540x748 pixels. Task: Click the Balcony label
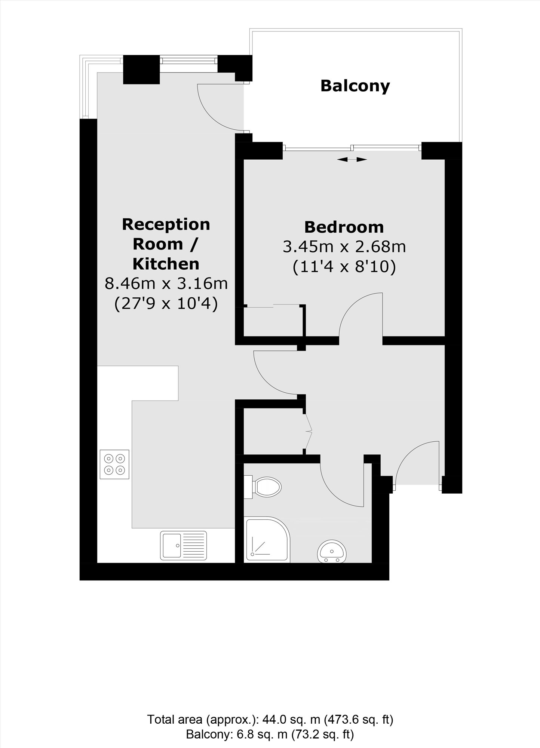(x=355, y=86)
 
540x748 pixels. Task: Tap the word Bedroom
(x=344, y=227)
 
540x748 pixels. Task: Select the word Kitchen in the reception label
(x=166, y=264)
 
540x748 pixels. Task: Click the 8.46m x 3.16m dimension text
(x=166, y=283)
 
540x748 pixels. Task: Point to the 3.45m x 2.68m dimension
(x=344, y=247)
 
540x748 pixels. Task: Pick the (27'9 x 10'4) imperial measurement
(x=166, y=303)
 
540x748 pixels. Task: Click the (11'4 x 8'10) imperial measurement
(x=344, y=267)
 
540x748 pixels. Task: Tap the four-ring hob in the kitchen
(x=114, y=464)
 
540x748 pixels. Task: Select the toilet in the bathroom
(x=265, y=487)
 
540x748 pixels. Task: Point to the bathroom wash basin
(x=332, y=551)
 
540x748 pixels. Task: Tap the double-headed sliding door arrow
(x=352, y=160)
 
